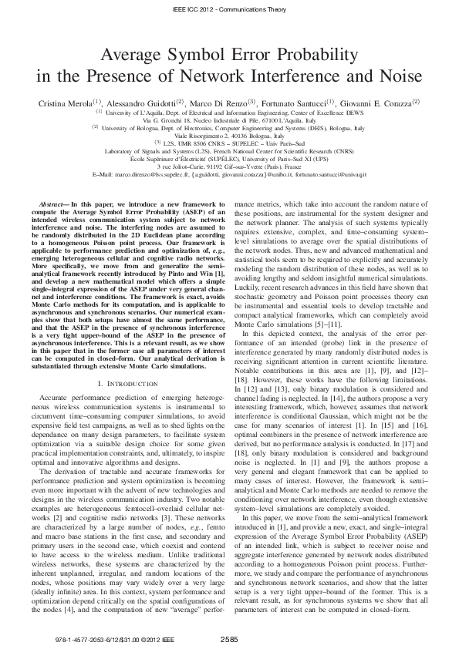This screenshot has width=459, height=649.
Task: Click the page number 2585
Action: tap(229, 639)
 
